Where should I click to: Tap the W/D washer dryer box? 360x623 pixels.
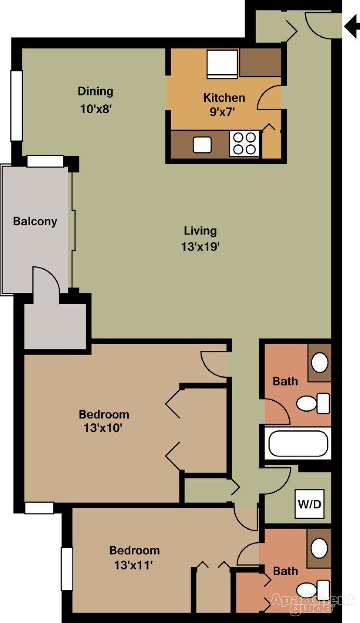click(x=310, y=504)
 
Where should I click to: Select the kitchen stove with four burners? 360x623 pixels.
click(x=244, y=143)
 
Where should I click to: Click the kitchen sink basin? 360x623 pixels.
click(x=202, y=145)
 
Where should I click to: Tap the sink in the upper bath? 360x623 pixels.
click(x=319, y=362)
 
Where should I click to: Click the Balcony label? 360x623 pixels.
click(x=35, y=222)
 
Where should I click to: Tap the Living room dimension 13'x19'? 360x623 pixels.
click(x=200, y=248)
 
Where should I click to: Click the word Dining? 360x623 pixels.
click(x=95, y=91)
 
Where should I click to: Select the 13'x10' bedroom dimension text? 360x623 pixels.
click(x=104, y=429)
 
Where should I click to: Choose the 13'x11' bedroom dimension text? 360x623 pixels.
click(x=134, y=564)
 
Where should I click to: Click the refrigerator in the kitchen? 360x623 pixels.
click(x=222, y=63)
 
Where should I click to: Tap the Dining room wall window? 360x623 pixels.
click(x=16, y=105)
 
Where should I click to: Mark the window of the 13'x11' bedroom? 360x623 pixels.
click(x=66, y=568)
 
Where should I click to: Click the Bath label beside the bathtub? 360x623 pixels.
click(x=285, y=382)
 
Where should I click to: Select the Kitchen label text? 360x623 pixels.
click(x=223, y=98)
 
